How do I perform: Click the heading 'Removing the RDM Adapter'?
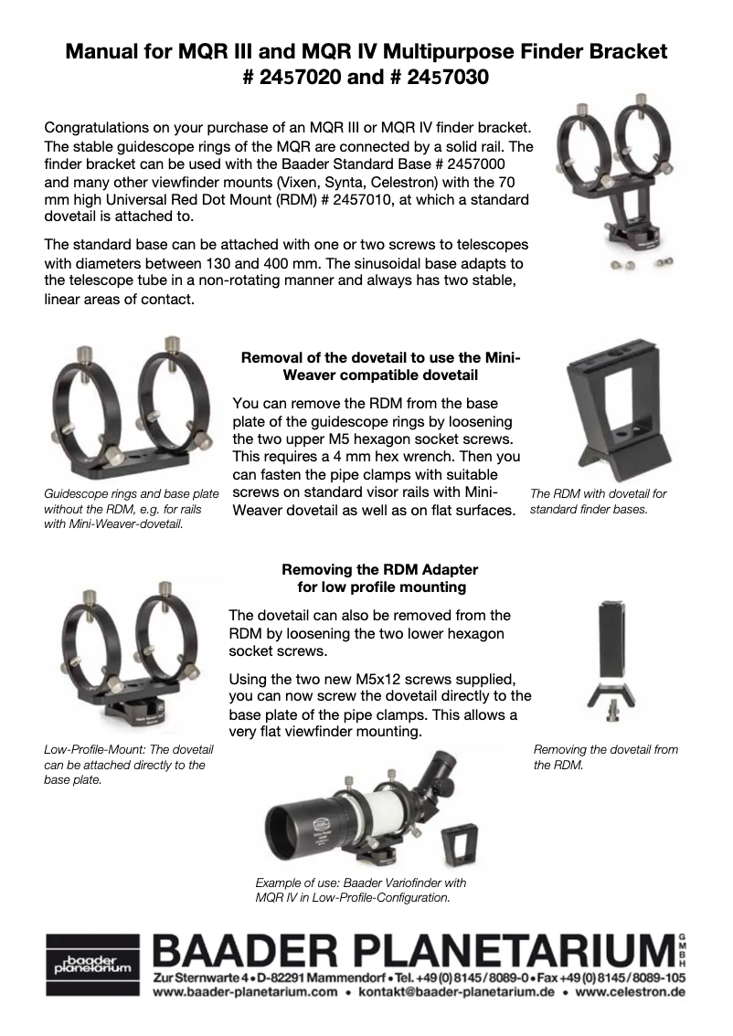tap(380, 569)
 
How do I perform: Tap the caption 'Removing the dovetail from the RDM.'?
tap(605, 757)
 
